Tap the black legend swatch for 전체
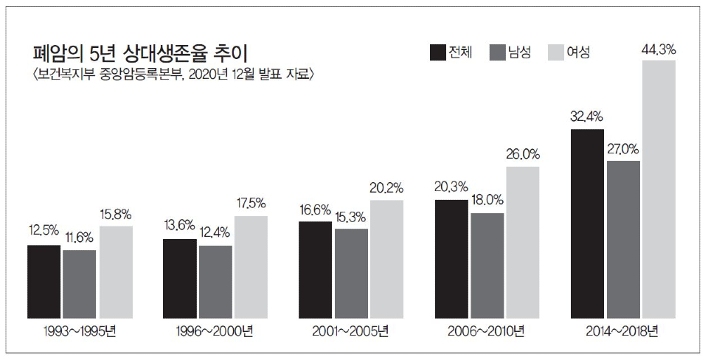[x=437, y=52]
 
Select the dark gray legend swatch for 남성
[x=496, y=52]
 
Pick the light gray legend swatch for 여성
[x=557, y=52]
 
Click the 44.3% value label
[x=660, y=49]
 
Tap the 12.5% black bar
[x=44, y=281]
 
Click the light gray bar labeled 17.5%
[x=251, y=266]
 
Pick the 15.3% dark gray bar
[x=351, y=272]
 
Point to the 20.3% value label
[x=451, y=189]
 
